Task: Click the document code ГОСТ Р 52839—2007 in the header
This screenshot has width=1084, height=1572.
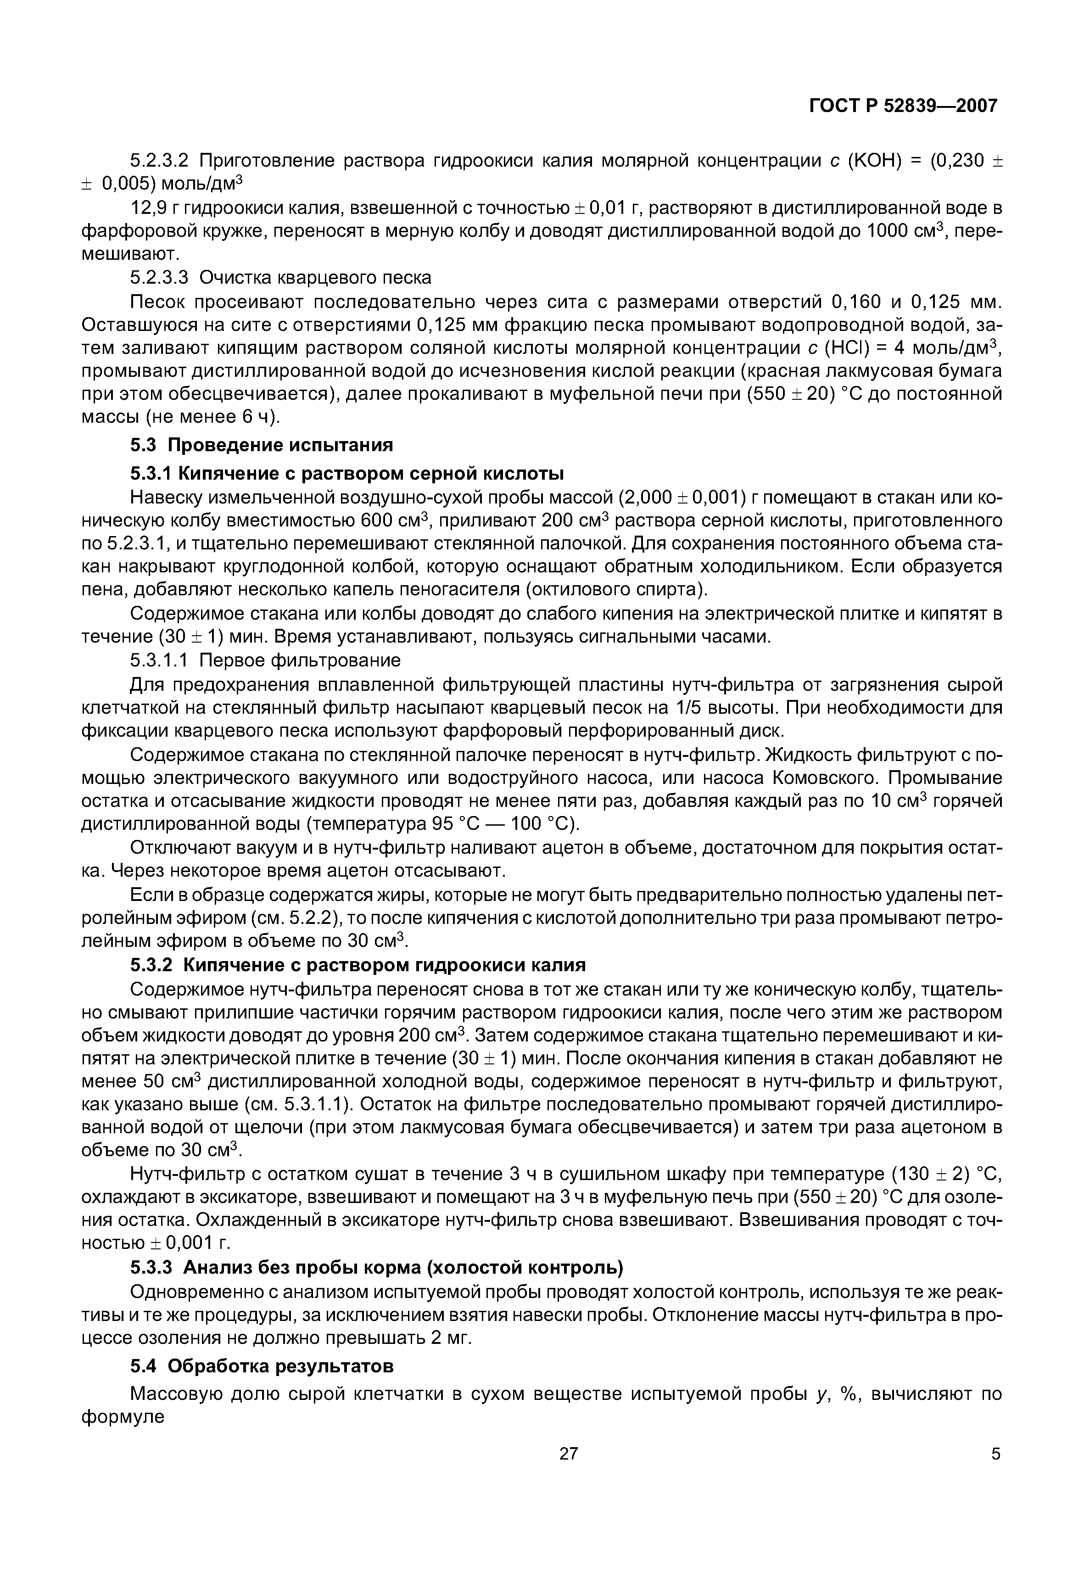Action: tap(903, 106)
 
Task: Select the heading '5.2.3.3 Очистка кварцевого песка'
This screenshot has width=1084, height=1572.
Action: tap(280, 277)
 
